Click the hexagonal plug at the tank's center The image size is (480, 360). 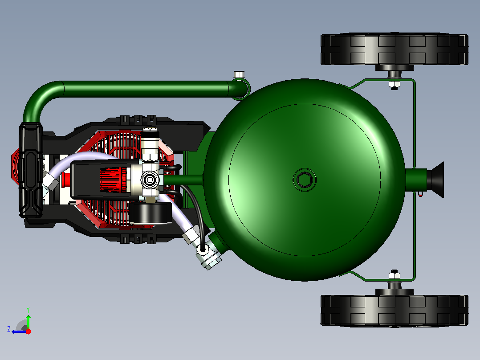[x=304, y=180]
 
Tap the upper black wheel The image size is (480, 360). [x=395, y=49]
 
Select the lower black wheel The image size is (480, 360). [x=395, y=311]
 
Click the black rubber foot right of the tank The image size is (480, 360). [x=435, y=180]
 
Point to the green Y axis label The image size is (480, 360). [x=28, y=310]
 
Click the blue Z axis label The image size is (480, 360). [x=9, y=329]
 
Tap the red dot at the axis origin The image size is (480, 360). [x=28, y=331]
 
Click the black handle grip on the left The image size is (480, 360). [x=31, y=170]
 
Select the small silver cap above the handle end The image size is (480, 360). [x=239, y=74]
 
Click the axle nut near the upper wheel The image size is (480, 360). [x=395, y=84]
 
